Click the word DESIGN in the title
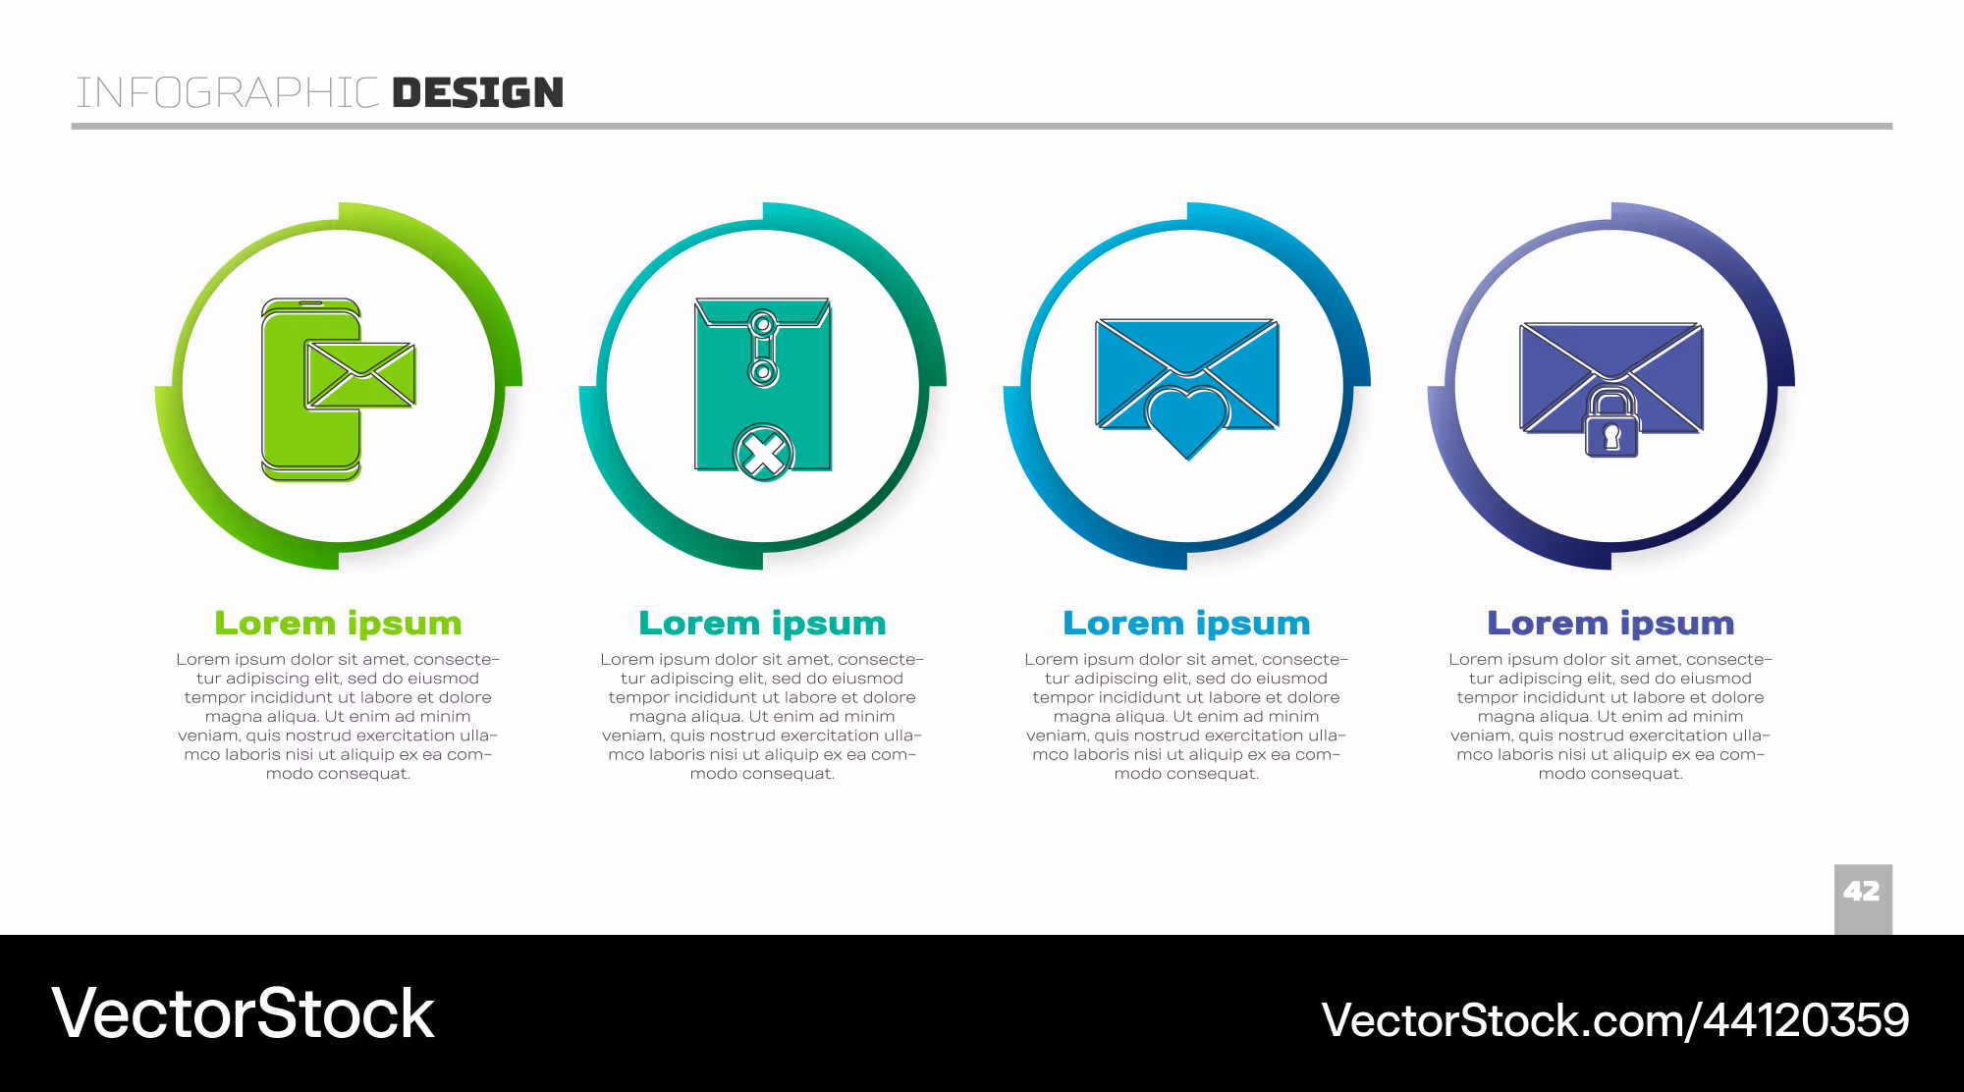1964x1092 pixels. (x=478, y=93)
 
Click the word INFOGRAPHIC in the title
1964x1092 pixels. (x=228, y=93)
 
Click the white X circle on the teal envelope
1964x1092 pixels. (x=764, y=455)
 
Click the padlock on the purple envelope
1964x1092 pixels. (x=1611, y=423)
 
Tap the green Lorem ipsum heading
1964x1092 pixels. (x=338, y=624)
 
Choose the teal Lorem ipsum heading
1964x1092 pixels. (x=762, y=624)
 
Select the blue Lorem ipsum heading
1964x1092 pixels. (x=1186, y=624)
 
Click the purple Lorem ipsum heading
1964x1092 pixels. (x=1610, y=624)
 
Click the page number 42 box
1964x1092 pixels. (x=1863, y=899)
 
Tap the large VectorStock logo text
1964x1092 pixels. (x=243, y=1013)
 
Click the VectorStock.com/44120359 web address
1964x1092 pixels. (x=1615, y=1020)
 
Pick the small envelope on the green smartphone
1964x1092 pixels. (x=360, y=374)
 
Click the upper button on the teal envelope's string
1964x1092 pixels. (x=762, y=322)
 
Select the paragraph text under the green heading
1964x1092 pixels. (x=338, y=716)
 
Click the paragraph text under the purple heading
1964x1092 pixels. (x=1610, y=716)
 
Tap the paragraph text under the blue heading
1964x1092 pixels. (x=1186, y=716)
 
